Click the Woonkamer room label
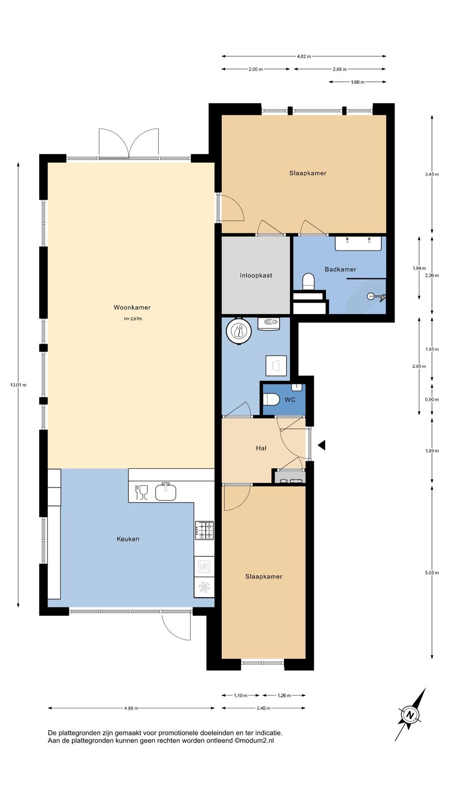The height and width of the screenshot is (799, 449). [x=132, y=308]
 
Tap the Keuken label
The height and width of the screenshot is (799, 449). [x=128, y=539]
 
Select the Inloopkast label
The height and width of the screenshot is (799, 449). [x=256, y=275]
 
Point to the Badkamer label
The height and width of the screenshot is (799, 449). [x=340, y=269]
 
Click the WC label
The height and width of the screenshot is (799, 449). [x=290, y=400]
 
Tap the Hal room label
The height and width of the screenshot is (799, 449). [x=261, y=448]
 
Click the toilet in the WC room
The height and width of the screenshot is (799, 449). [x=271, y=399]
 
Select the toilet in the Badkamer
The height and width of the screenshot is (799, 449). [x=308, y=282]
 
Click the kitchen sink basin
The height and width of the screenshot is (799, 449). [x=166, y=491]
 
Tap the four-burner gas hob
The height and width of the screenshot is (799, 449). [x=205, y=531]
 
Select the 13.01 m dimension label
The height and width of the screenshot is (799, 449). [x=18, y=385]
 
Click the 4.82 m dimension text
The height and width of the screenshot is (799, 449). [x=304, y=56]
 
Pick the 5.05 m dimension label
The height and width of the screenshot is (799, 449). [x=432, y=573]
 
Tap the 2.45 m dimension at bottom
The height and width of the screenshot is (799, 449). [x=264, y=708]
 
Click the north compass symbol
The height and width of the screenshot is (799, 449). [x=410, y=715]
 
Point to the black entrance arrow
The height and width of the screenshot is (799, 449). [x=321, y=445]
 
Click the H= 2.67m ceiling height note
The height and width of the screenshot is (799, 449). [x=133, y=319]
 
